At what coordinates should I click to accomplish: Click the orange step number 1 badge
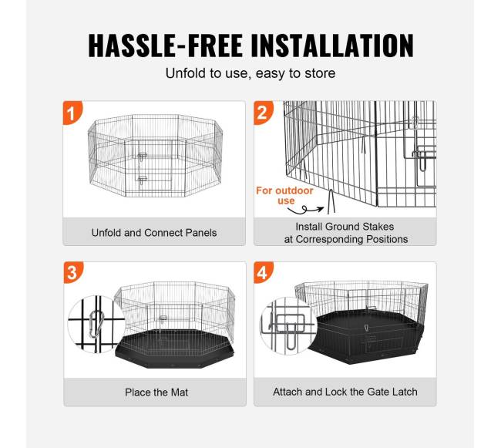72,112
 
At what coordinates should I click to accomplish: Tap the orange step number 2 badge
263,112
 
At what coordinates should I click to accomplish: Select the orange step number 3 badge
73,272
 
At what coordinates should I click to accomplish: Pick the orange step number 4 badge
264,272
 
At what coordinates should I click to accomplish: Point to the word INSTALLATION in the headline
332,45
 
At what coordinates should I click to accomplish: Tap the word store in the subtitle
320,73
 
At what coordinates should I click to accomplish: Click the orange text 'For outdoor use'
284,196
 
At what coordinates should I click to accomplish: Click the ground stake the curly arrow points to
331,201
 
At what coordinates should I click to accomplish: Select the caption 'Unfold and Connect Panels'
154,233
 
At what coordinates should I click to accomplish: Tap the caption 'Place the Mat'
156,392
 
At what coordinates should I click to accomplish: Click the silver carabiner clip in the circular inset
96,324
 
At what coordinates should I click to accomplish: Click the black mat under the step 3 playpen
174,349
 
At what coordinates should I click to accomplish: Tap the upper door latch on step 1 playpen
142,156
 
